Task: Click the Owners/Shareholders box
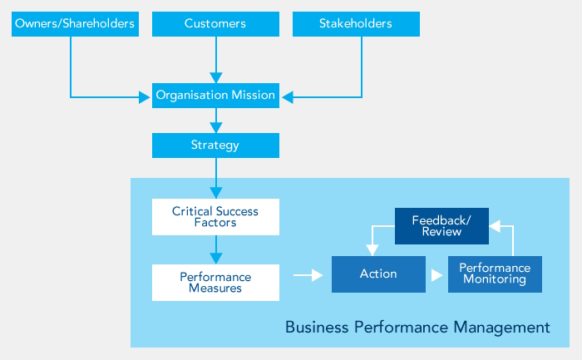tap(75, 24)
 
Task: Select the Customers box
tap(215, 24)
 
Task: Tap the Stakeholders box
tap(356, 24)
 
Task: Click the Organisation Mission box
tap(215, 96)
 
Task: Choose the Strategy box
tap(215, 145)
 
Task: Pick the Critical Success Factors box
tap(215, 217)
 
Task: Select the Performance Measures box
tap(215, 283)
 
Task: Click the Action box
tap(378, 274)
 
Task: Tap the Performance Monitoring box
tap(495, 274)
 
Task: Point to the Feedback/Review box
tap(441, 226)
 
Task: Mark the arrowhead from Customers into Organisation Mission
tap(215, 77)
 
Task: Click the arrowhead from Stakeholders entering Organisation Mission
tap(287, 98)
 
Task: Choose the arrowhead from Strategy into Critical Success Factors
tap(215, 192)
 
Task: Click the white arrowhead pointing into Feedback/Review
tap(494, 224)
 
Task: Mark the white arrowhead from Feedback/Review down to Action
tap(371, 250)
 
